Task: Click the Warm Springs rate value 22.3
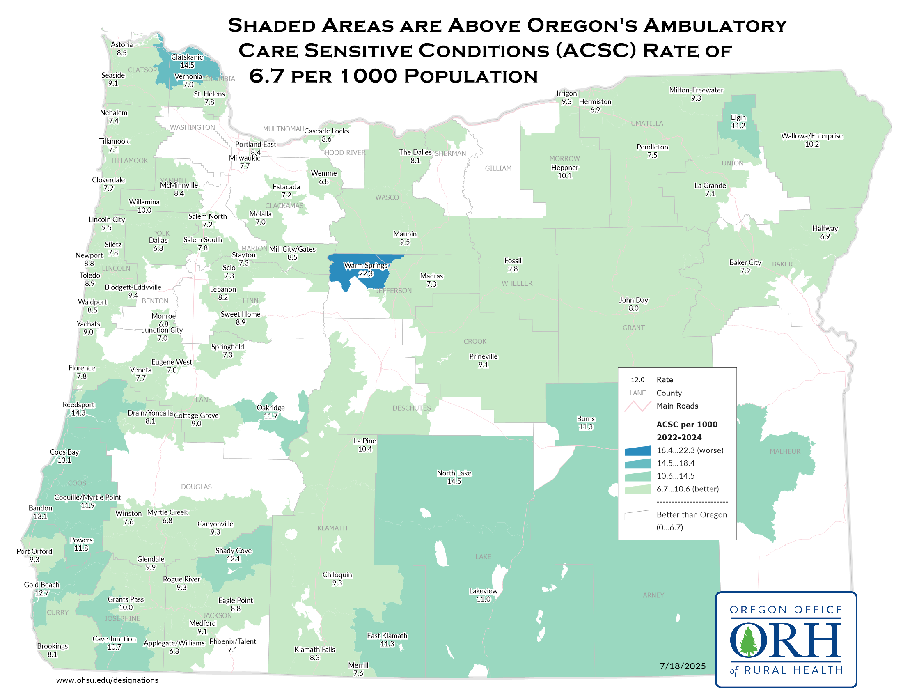pyautogui.click(x=365, y=274)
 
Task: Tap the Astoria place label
pyautogui.click(x=121, y=45)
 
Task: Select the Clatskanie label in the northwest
pyautogui.click(x=187, y=57)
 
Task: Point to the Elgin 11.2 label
pyautogui.click(x=738, y=122)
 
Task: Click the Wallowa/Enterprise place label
pyautogui.click(x=811, y=136)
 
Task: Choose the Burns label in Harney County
pyautogui.click(x=585, y=419)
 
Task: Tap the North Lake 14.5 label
pyautogui.click(x=454, y=477)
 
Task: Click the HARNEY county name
pyautogui.click(x=651, y=595)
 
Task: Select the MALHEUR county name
pyautogui.click(x=785, y=452)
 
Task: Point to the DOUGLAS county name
pyautogui.click(x=196, y=487)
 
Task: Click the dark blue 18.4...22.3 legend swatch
pyautogui.click(x=637, y=451)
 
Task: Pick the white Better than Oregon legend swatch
pyautogui.click(x=637, y=515)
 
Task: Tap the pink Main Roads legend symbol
pyautogui.click(x=637, y=406)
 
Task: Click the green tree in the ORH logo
pyautogui.click(x=748, y=641)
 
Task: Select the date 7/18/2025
pyautogui.click(x=682, y=666)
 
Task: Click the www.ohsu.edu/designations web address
pyautogui.click(x=107, y=680)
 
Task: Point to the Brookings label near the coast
pyautogui.click(x=52, y=646)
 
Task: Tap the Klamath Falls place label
pyautogui.click(x=315, y=650)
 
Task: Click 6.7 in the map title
pyautogui.click(x=267, y=76)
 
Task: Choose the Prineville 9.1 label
pyautogui.click(x=483, y=360)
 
